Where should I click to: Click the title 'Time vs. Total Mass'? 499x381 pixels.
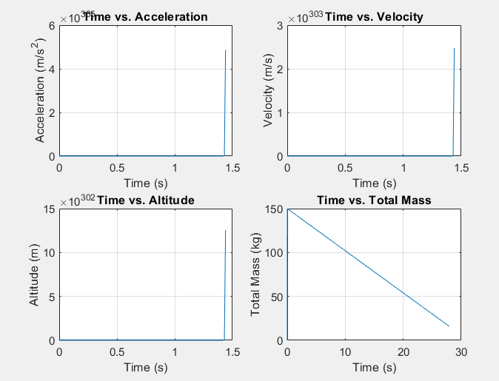[x=374, y=200]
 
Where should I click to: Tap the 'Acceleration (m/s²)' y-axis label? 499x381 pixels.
[x=41, y=91]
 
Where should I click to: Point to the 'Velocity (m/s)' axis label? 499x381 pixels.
[x=269, y=91]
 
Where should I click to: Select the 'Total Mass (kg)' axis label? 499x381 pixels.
[x=256, y=275]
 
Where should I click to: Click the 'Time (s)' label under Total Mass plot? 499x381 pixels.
[x=374, y=368]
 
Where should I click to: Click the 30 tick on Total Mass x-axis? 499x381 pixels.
[x=461, y=352]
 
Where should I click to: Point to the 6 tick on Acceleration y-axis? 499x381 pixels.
[x=52, y=25]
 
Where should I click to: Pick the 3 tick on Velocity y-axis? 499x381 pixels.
[x=280, y=25]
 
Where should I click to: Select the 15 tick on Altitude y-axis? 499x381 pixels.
[x=49, y=209]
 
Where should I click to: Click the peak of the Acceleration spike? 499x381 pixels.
[x=226, y=50]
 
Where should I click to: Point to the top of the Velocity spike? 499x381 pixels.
[x=454, y=48]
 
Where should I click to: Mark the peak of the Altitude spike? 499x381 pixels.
[x=226, y=230]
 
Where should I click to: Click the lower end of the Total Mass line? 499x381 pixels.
[x=449, y=326]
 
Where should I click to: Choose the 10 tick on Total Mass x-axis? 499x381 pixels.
[x=345, y=352]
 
